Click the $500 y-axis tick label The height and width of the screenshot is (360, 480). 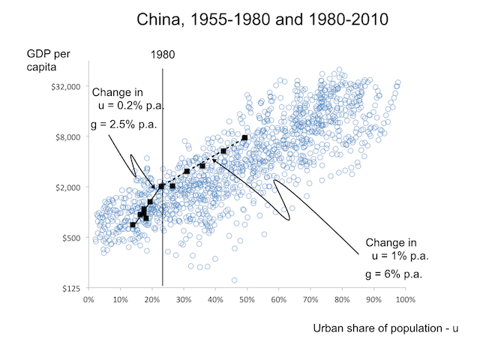point(70,238)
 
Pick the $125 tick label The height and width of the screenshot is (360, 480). point(70,288)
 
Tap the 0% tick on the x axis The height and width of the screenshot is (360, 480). point(88,301)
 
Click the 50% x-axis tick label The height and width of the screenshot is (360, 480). point(247,301)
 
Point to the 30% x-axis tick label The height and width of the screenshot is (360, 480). point(183,301)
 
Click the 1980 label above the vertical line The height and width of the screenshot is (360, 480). point(163,55)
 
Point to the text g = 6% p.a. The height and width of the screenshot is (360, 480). point(394,274)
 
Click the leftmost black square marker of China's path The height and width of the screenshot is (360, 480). point(133,224)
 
